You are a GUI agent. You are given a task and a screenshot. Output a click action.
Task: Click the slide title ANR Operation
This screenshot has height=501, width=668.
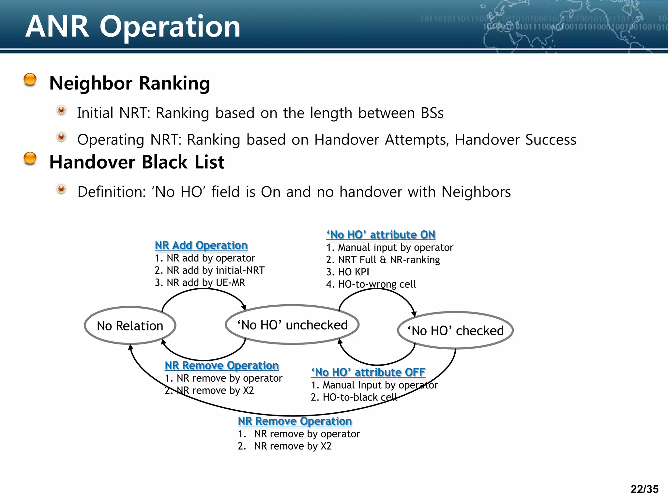click(x=133, y=27)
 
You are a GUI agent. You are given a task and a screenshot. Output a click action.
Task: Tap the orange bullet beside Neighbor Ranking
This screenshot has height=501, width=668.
click(x=30, y=80)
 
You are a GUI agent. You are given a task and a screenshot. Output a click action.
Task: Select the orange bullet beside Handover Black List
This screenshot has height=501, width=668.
click(x=30, y=159)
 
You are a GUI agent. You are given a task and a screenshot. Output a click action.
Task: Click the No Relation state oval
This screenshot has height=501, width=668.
click(x=130, y=326)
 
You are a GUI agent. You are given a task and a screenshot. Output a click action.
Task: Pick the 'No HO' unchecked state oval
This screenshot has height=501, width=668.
click(x=292, y=325)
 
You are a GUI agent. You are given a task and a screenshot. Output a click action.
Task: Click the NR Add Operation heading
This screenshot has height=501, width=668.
click(x=201, y=245)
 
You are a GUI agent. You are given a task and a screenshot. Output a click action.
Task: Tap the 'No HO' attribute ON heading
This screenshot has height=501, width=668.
click(x=381, y=235)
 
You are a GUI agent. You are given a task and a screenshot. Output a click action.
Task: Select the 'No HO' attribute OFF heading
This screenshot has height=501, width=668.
click(x=368, y=372)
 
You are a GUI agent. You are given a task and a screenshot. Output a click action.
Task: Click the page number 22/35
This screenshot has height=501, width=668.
click(x=644, y=489)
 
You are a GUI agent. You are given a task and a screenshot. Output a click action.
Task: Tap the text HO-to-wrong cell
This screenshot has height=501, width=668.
click(x=377, y=284)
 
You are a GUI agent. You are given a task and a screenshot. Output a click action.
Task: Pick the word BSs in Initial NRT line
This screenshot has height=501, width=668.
click(x=432, y=113)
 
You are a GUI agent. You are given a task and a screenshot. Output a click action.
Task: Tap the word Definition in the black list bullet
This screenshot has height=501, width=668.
click(x=111, y=192)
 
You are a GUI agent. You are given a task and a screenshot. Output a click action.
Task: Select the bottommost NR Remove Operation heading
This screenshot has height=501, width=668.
click(x=295, y=421)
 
